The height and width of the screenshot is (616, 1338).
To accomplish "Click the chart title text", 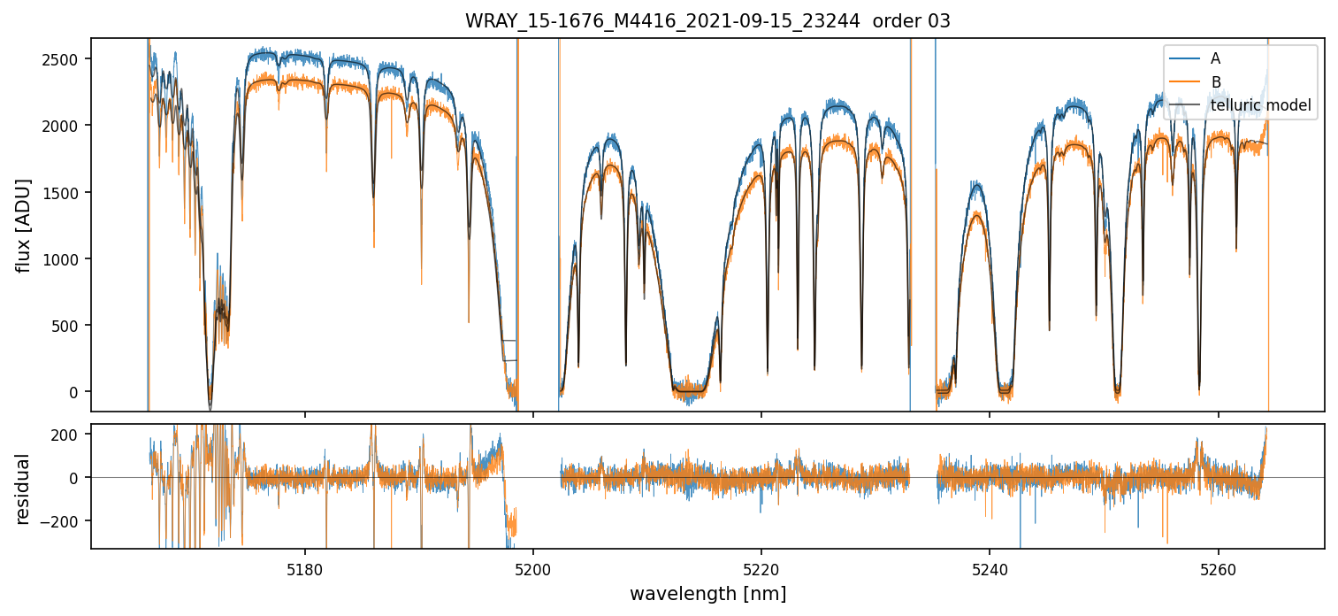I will (x=707, y=21).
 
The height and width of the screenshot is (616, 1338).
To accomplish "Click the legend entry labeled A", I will (x=1215, y=58).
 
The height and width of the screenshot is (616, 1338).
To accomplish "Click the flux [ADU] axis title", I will (x=25, y=225).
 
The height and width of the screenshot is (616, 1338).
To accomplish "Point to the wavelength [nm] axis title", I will (x=707, y=593).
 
